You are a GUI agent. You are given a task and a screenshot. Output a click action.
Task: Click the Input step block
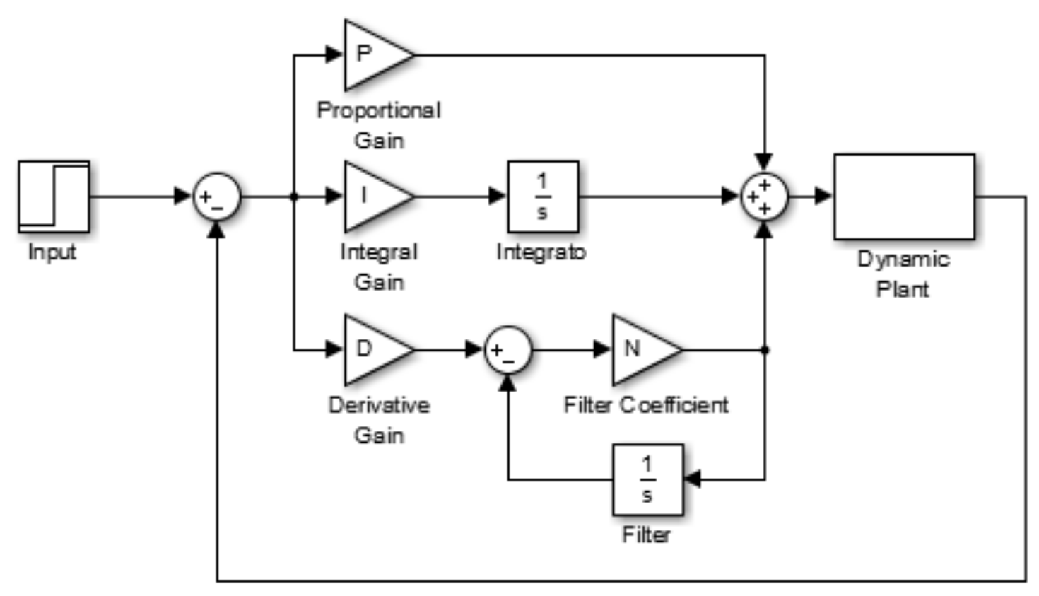point(54,197)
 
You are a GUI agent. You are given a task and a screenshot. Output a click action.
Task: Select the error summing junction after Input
point(217,197)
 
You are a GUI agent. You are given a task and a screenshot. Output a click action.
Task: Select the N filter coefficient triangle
point(641,349)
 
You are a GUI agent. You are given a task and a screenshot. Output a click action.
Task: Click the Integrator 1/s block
point(543,197)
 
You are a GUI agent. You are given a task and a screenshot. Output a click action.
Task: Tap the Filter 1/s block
point(647,479)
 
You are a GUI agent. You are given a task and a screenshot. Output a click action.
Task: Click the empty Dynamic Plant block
point(904,197)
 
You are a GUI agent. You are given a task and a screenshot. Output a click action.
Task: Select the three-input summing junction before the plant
point(764,197)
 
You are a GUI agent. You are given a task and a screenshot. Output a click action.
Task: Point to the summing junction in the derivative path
point(507,349)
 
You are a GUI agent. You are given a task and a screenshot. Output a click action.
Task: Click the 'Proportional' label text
point(379,110)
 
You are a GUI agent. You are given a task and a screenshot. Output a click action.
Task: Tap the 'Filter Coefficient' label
point(645,404)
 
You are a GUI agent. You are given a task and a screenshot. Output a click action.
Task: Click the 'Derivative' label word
point(379,404)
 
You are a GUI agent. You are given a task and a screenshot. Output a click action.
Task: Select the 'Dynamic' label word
point(903,259)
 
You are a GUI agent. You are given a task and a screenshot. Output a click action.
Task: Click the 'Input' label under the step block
point(52,252)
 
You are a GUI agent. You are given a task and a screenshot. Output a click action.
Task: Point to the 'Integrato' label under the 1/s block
point(541,252)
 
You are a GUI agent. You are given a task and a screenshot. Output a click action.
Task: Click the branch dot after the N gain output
point(765,349)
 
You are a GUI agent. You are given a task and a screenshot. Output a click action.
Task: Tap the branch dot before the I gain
point(294,197)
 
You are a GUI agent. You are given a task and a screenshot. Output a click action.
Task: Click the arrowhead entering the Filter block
point(692,479)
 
